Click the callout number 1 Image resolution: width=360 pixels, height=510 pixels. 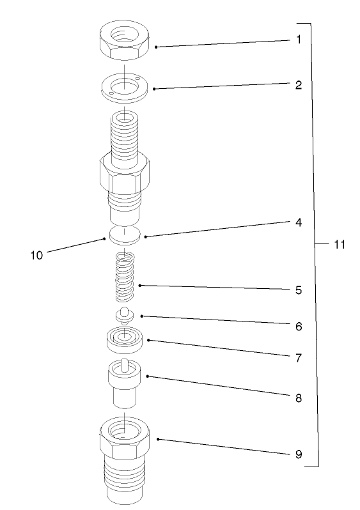[x=298, y=40]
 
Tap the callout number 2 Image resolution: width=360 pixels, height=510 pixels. [x=298, y=84]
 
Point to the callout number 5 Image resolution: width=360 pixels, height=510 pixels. [x=298, y=290]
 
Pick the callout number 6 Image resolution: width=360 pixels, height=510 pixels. [x=298, y=326]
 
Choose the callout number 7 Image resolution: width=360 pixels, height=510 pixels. [x=298, y=357]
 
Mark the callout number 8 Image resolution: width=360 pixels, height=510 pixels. [x=298, y=396]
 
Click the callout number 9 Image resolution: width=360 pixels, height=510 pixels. [x=298, y=455]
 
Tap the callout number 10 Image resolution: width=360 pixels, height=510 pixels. [x=36, y=254]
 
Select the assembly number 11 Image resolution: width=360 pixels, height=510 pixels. [x=339, y=244]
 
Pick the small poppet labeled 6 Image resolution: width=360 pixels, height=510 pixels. [x=123, y=314]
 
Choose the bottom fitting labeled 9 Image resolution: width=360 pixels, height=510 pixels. [x=125, y=457]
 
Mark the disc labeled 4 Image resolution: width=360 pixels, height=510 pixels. [x=125, y=235]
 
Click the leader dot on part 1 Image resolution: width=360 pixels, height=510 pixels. [x=155, y=47]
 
